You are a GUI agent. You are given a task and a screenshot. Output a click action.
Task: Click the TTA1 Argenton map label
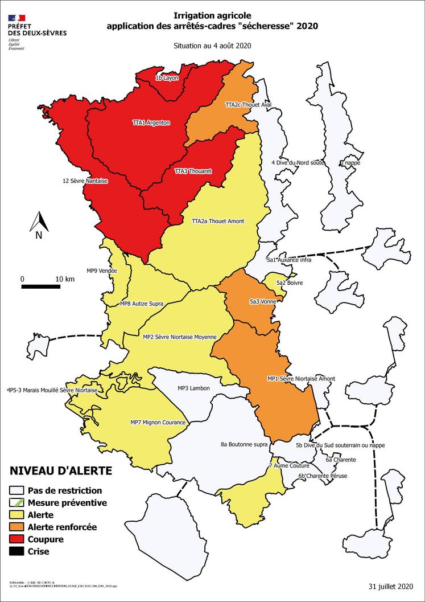[151, 122]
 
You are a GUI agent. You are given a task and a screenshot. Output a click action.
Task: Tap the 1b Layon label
[167, 78]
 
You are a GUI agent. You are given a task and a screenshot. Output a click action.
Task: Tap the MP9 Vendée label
[101, 271]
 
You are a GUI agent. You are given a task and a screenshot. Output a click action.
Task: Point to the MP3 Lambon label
[193, 388]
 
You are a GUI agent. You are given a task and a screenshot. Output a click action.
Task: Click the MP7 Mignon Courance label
[158, 422]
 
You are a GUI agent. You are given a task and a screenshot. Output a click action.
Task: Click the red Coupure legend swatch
[18, 539]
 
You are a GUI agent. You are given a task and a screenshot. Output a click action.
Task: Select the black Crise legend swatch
[18, 551]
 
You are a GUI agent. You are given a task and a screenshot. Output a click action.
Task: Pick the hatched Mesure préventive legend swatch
[18, 503]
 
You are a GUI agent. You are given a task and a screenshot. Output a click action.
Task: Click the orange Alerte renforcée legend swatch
[18, 527]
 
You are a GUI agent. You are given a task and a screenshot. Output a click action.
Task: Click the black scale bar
[41, 286]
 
